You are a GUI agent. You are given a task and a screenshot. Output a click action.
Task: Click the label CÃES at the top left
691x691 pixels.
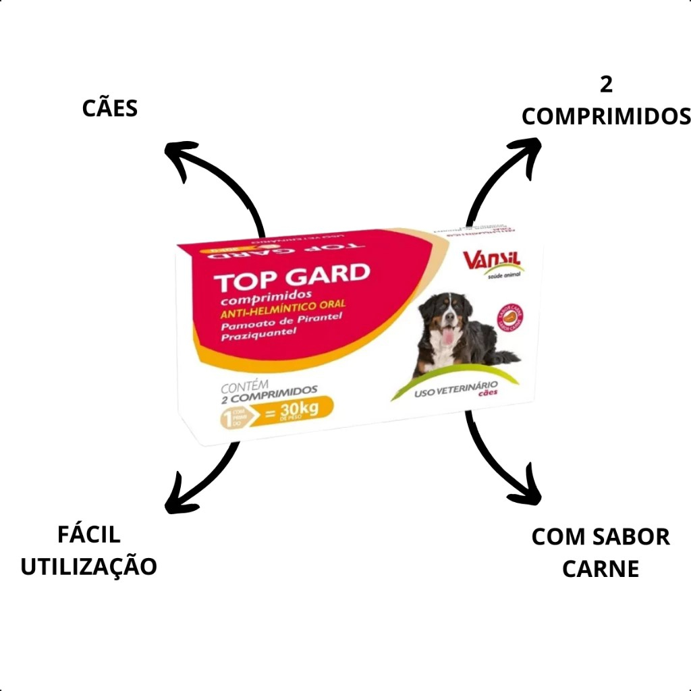coord(110,108)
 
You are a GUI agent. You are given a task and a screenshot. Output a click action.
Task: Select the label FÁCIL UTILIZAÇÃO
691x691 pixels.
coord(89,551)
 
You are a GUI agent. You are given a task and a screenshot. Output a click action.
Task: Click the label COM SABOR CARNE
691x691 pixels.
coord(601,553)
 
